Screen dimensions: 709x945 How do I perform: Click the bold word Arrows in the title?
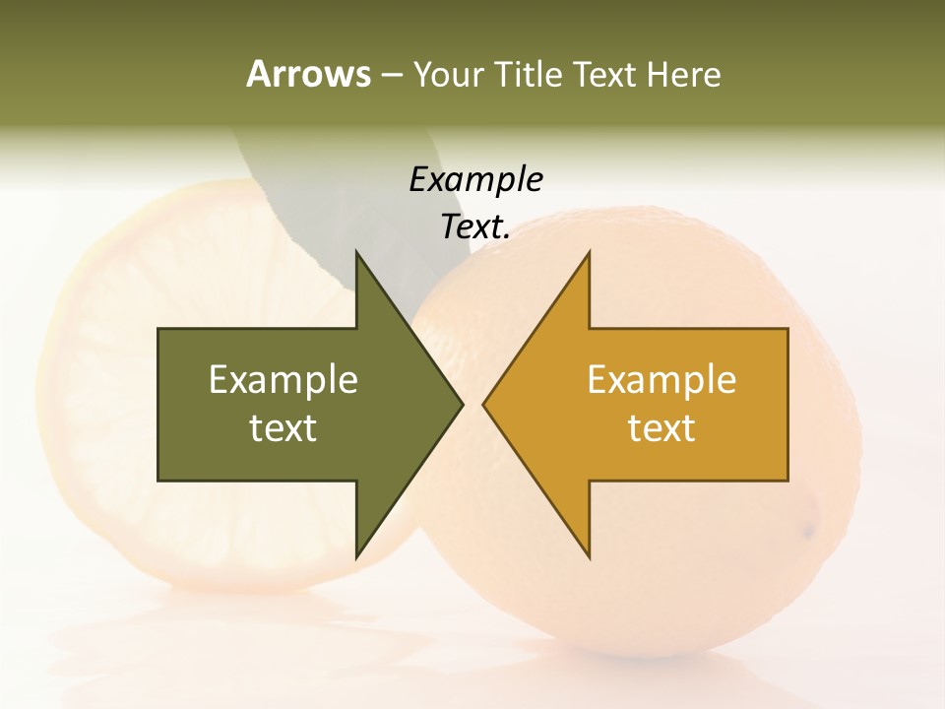pos(307,74)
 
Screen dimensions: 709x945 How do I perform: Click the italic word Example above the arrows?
pos(475,180)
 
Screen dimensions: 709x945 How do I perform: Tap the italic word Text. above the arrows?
pos(475,227)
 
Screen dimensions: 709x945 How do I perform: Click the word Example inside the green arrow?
pos(283,380)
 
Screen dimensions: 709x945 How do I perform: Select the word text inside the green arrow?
pos(283,428)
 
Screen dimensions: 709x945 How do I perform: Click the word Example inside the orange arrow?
pos(661,380)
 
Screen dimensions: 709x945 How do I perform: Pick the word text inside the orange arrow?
pos(661,428)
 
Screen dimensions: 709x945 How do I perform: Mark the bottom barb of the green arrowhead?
pos(358,551)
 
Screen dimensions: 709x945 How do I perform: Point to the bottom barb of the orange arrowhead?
pos(588,551)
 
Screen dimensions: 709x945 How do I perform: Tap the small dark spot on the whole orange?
pos(809,532)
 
